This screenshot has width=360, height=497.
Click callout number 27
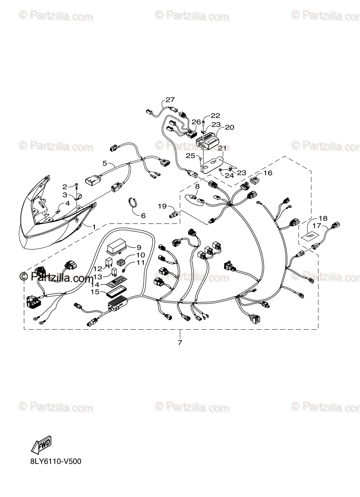point(170,100)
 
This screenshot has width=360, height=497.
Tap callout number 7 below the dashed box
point(180,342)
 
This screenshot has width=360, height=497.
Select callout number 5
point(105,163)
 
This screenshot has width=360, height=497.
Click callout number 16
point(268,173)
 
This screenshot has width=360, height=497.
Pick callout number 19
point(162,206)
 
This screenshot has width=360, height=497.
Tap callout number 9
point(139,247)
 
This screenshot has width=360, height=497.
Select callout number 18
point(323,218)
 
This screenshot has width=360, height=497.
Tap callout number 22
point(215,116)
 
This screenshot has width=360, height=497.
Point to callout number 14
point(95,285)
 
